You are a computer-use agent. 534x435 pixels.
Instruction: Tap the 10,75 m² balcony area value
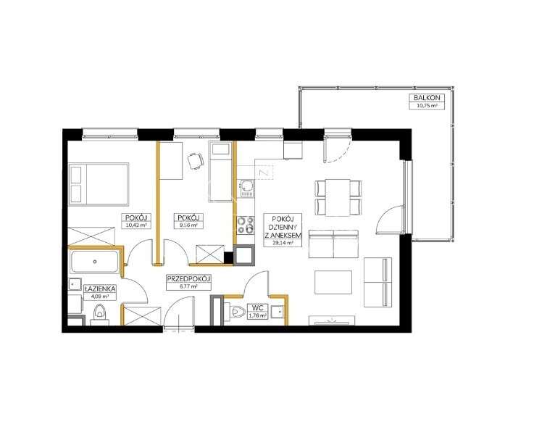[x=425, y=105]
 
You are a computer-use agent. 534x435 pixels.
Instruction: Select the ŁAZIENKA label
[x=97, y=289]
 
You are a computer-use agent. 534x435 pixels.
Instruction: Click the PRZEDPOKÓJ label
[x=188, y=278]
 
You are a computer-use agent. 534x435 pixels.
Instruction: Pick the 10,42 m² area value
[x=135, y=225]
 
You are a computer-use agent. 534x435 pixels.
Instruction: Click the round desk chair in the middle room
[x=194, y=162]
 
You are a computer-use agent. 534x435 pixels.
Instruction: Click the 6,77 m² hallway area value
[x=188, y=286]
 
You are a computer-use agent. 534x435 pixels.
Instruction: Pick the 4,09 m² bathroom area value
[x=97, y=297]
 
